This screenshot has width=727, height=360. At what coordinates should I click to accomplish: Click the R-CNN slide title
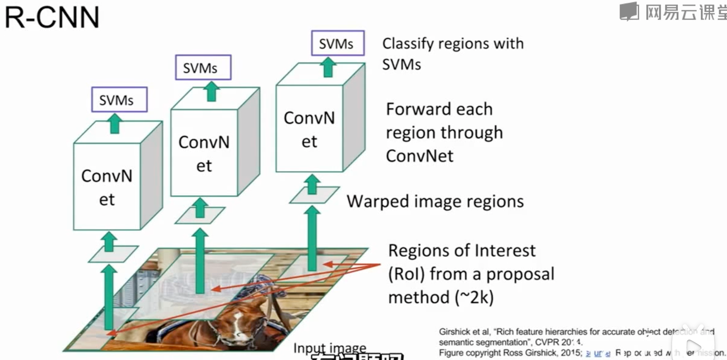tap(52, 17)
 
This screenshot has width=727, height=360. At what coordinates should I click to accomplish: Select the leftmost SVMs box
tap(119, 100)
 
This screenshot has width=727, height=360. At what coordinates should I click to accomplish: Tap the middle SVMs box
tap(203, 67)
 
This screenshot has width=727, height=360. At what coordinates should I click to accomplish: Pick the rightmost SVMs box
tap(338, 43)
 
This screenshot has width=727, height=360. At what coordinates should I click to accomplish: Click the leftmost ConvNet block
tap(107, 187)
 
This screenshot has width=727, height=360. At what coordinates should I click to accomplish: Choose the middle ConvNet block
tap(204, 153)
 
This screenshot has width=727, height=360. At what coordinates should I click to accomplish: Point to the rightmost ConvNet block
tap(309, 129)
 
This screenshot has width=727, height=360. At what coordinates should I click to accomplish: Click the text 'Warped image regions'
tap(435, 202)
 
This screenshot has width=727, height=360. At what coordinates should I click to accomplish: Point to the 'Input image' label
tap(329, 347)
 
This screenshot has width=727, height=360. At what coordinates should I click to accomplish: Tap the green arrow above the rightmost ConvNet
tap(328, 67)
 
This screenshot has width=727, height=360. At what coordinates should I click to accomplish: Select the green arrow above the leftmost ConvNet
tap(115, 123)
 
